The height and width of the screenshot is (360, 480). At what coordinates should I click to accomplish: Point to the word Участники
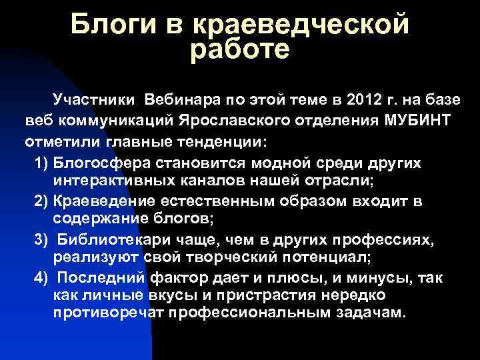pos(93,101)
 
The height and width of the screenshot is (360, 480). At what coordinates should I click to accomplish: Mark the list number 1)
pos(41,163)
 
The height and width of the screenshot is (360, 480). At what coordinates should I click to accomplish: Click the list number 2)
pos(41,201)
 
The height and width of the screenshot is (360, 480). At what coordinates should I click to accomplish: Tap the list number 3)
pos(41,240)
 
